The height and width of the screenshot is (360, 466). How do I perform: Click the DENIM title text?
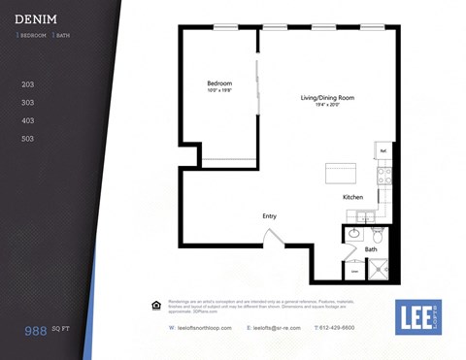tap(36, 19)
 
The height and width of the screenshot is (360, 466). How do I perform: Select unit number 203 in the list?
tap(28, 84)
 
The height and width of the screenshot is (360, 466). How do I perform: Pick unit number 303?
tap(28, 102)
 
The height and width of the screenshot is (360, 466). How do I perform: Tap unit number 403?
tap(28, 120)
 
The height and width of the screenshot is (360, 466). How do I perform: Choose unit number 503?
tap(28, 139)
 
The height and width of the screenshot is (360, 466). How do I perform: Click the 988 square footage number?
tap(38, 331)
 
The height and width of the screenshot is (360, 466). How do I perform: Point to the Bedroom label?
tap(219, 83)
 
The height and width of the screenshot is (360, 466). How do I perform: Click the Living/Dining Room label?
tap(325, 98)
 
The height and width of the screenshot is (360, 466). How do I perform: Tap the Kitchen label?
tap(352, 197)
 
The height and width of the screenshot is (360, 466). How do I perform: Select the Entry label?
tap(269, 215)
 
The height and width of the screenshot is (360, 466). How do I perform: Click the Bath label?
tap(371, 249)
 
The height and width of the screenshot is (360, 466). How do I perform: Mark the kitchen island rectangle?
tap(341, 175)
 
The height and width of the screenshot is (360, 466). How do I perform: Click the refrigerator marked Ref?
tap(383, 151)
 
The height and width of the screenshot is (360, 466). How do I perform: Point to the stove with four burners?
tap(384, 177)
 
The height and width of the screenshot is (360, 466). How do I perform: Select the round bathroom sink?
tap(355, 234)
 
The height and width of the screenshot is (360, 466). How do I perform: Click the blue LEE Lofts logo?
tap(418, 316)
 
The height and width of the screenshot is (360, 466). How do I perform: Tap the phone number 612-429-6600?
tap(335, 328)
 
